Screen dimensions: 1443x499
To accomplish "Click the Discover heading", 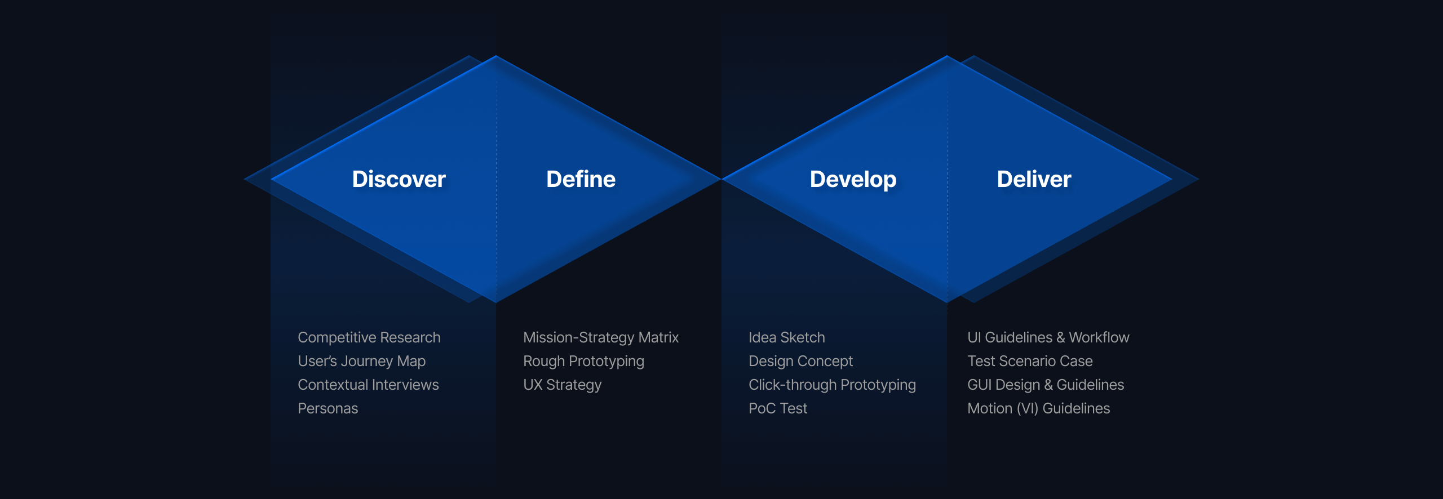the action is pos(399,179).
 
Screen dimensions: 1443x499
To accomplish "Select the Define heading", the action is pos(581,179).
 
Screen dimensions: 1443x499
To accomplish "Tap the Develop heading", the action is pos(853,180).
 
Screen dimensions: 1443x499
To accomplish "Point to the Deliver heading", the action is pos(1034,179).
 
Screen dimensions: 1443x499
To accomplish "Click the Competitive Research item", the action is pos(369,337).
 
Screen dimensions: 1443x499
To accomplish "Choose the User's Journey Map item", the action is pos(362,361).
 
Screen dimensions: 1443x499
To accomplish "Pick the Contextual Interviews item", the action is pos(368,385).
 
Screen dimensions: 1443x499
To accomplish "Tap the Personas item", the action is pos(328,408).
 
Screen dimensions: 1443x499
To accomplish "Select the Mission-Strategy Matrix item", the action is pos(601,337).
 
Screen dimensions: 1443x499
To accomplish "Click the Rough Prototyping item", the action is pos(583,361).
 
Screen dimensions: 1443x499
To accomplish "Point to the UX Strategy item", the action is pos(563,385).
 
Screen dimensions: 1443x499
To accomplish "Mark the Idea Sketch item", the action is pos(787,337).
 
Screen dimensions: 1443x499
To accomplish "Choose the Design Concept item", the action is pos(801,361).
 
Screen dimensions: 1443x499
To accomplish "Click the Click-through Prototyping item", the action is pos(833,385).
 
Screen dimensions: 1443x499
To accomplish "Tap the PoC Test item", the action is pos(778,408).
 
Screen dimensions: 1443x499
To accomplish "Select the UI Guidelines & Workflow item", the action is pos(1048,337).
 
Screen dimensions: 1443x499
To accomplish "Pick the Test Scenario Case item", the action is pos(1030,361).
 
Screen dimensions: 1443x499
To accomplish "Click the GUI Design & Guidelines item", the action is pos(1046,385).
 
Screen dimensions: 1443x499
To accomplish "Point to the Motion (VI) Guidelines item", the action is pos(1039,408).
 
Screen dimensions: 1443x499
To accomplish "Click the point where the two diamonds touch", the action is pos(721,179).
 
